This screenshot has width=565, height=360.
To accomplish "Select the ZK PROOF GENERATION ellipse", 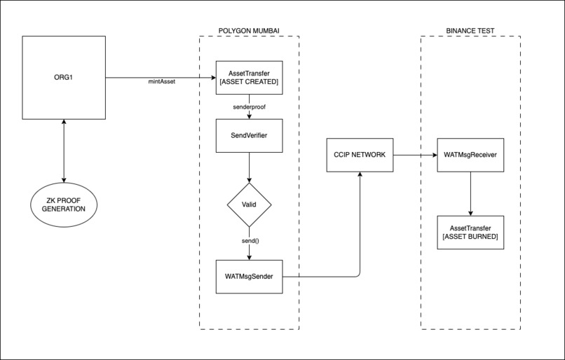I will [64, 205].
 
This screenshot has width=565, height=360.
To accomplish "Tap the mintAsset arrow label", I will [161, 82].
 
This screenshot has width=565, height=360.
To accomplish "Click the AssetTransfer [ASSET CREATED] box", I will [249, 77].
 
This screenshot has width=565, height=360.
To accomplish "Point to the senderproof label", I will [249, 106].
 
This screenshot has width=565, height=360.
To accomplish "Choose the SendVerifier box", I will [249, 136].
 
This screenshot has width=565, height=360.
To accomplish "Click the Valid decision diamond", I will [249, 205].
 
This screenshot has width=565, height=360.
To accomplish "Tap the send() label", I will [249, 240].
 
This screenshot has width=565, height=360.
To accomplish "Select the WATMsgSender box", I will [249, 276].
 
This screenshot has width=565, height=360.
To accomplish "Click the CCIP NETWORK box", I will [360, 154].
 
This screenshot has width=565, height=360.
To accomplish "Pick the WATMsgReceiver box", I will [470, 154].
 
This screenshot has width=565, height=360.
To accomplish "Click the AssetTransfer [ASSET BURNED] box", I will [470, 233].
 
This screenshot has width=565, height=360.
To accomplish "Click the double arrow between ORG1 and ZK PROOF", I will [64, 150].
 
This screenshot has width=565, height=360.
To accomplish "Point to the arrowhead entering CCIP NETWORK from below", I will [360, 175].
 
